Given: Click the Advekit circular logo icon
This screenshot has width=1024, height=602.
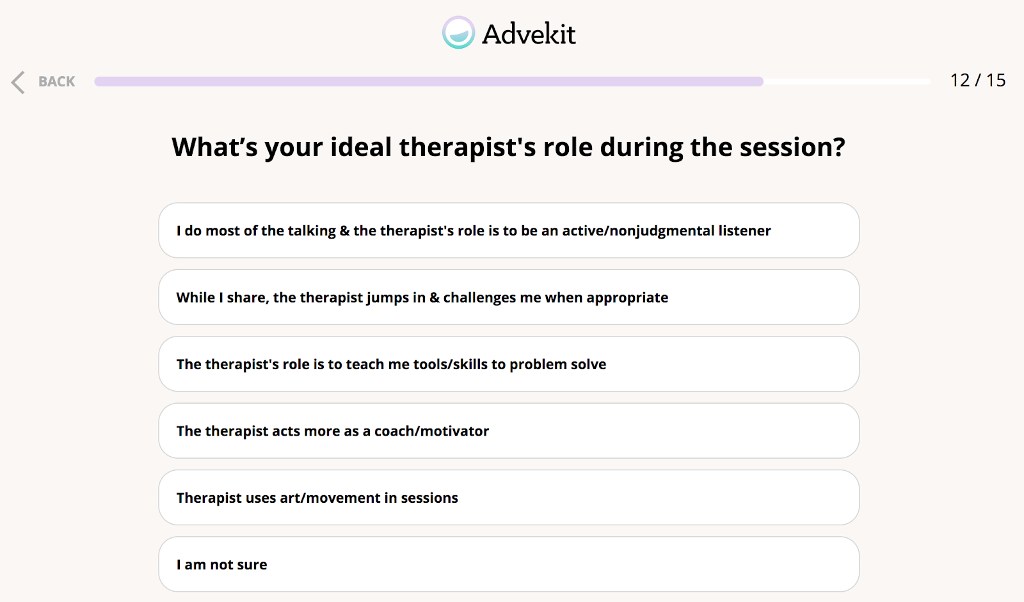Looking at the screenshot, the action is point(458,33).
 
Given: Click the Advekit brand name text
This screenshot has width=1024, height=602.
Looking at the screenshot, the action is point(529,34).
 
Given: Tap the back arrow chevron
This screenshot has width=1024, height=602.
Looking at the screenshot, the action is point(18,83).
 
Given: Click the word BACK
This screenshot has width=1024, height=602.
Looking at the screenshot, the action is point(57,81).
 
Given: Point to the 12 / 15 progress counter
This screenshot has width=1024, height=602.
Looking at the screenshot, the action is point(978,81).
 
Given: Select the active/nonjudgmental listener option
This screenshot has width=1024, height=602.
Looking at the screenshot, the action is point(509,230).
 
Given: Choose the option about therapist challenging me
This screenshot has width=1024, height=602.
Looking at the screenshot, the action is point(509,297).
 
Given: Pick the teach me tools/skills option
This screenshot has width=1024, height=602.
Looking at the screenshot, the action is point(509,364).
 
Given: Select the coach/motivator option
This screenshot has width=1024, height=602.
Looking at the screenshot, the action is point(509,431).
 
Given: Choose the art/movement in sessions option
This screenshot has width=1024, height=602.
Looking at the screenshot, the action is point(509,497).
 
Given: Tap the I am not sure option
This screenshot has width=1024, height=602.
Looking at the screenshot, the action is point(509,564).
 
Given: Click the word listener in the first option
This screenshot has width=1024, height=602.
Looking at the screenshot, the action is point(744,230).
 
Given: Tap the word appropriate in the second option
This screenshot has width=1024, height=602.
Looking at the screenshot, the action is point(627,298).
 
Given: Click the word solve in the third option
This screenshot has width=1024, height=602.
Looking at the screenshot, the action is point(589,364).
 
